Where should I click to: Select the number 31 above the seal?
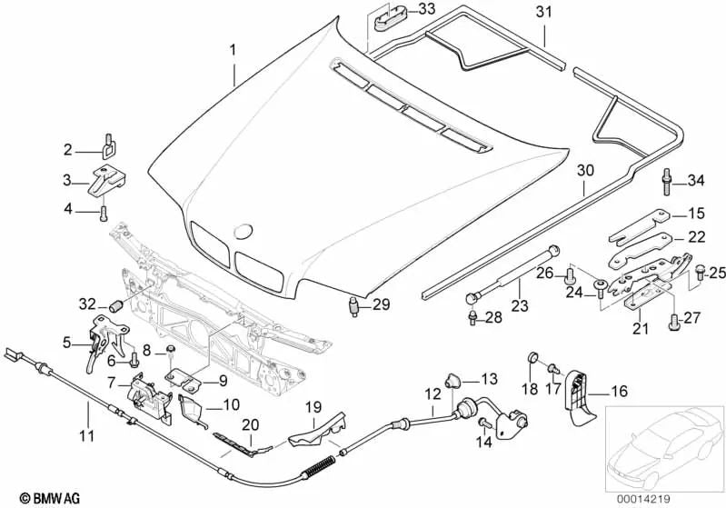click(x=543, y=12)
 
